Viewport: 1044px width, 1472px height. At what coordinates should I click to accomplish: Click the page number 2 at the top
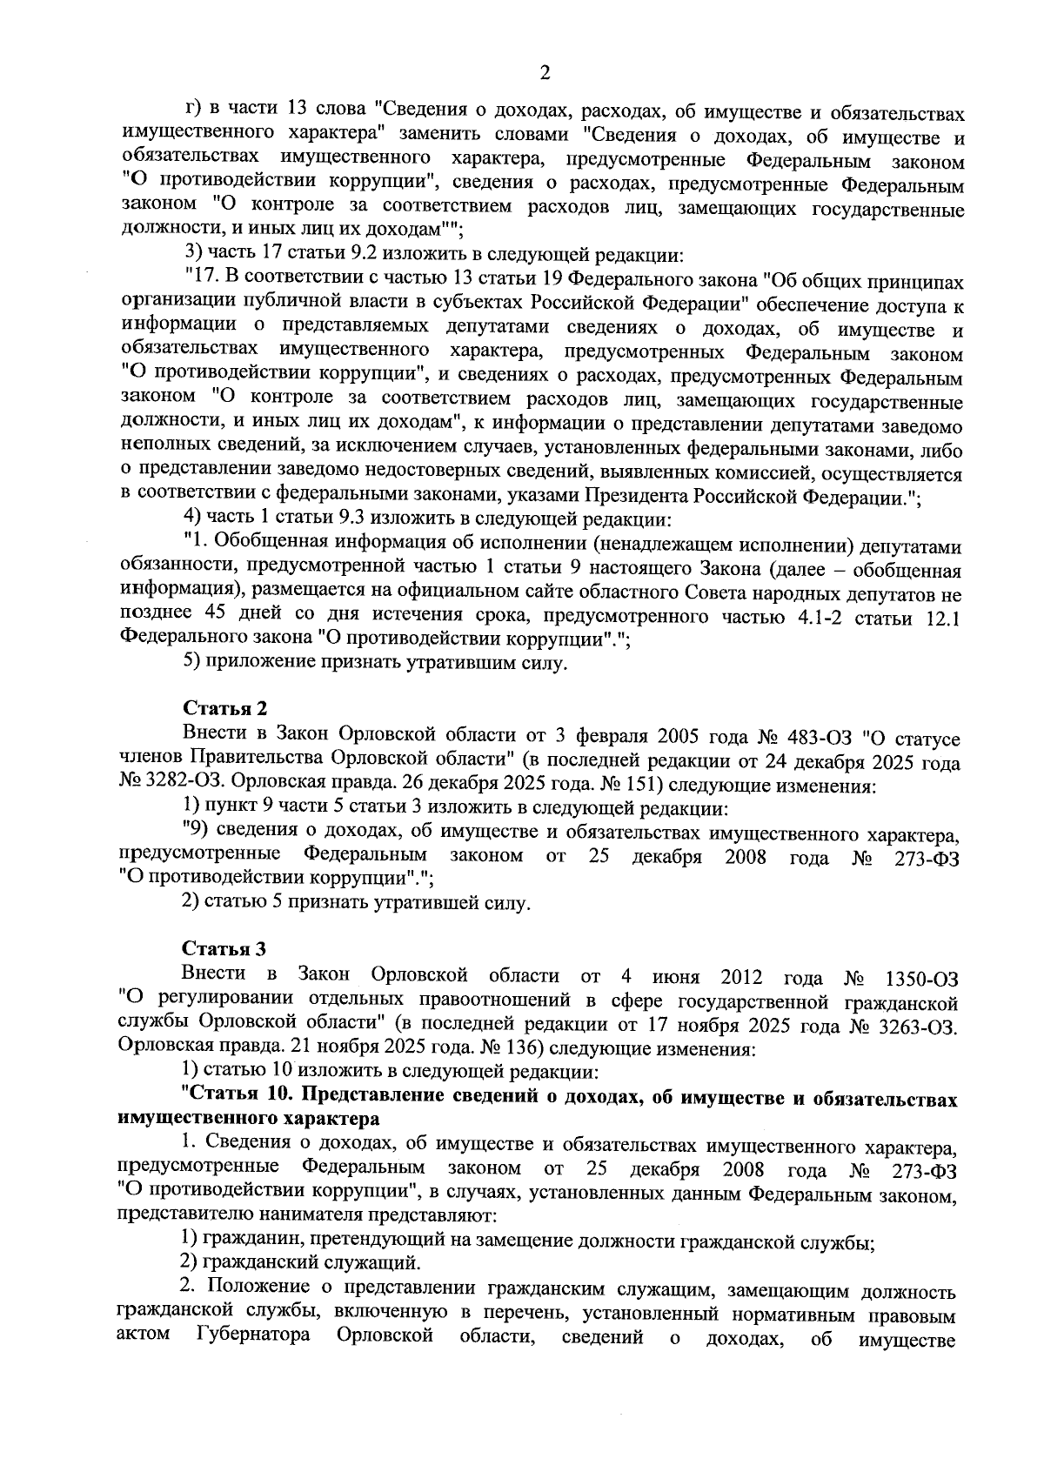(x=545, y=73)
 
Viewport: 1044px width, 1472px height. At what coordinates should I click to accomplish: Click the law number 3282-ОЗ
(x=165, y=786)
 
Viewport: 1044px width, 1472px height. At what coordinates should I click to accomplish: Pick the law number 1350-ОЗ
(x=920, y=976)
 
